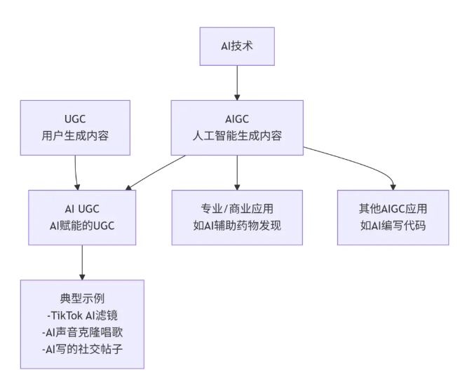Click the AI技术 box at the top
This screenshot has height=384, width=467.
click(237, 47)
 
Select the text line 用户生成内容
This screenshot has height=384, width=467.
click(76, 135)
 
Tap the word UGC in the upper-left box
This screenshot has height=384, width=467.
click(76, 118)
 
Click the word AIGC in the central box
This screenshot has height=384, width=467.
click(237, 118)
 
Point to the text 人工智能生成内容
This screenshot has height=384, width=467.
click(237, 135)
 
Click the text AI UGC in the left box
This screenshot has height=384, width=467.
click(82, 208)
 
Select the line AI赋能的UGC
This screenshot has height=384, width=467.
click(82, 225)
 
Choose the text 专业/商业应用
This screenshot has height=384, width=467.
click(237, 208)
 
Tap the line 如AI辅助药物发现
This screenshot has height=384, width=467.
click(237, 225)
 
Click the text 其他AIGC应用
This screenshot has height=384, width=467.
click(393, 208)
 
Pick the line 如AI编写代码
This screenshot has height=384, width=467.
click(393, 225)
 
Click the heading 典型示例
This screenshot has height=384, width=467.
click(82, 299)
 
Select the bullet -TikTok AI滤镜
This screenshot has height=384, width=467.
click(82, 315)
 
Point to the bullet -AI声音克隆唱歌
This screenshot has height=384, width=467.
click(82, 331)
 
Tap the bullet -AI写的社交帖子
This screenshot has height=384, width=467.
click(82, 348)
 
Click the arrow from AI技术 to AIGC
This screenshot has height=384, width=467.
click(237, 83)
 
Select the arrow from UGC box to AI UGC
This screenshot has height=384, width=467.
click(77, 172)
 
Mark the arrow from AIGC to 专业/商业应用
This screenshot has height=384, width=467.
click(237, 172)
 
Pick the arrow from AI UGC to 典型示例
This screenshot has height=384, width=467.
click(82, 262)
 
